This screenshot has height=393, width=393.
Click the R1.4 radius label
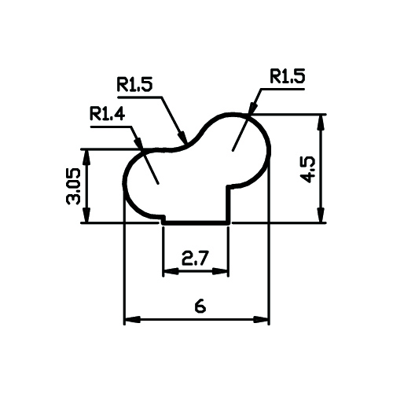click(x=107, y=114)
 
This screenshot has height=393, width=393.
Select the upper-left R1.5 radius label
click(x=134, y=84)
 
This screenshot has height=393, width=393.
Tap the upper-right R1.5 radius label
click(x=288, y=76)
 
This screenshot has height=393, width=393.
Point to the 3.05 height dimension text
click(x=73, y=186)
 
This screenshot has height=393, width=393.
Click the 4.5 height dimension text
click(x=307, y=170)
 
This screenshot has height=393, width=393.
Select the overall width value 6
click(x=200, y=307)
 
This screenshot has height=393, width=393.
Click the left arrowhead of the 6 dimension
click(x=132, y=320)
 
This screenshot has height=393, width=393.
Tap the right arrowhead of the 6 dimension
click(x=261, y=320)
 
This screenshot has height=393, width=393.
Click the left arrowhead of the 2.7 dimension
click(x=171, y=271)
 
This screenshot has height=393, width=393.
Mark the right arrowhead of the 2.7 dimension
click(x=221, y=271)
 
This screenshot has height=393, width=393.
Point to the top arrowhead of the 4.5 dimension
click(x=321, y=123)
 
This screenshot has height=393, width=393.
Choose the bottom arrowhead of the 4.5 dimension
click(x=321, y=215)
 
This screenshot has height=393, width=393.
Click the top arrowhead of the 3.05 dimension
click(x=87, y=158)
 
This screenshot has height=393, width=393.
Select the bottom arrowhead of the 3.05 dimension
click(x=87, y=215)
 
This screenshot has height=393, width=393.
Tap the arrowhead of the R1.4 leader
click(x=139, y=144)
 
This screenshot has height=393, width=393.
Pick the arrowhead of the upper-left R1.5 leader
click(x=182, y=137)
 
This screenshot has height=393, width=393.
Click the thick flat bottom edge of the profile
click(x=196, y=223)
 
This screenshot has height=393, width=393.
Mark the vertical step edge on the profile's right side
click(x=229, y=204)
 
